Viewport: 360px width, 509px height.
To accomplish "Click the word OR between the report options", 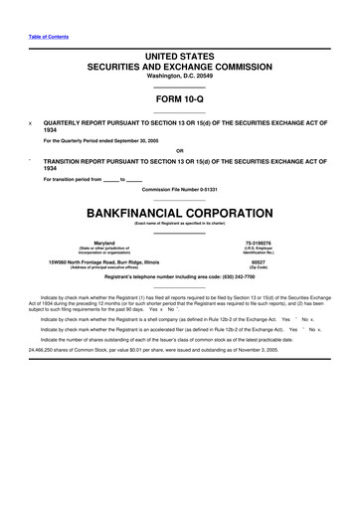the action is [x=180, y=150].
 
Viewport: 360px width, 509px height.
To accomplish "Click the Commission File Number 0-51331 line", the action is [x=180, y=189].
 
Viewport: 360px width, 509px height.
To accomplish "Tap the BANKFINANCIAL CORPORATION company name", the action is [x=180, y=213].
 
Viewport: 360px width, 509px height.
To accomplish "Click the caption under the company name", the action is [x=180, y=226].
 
